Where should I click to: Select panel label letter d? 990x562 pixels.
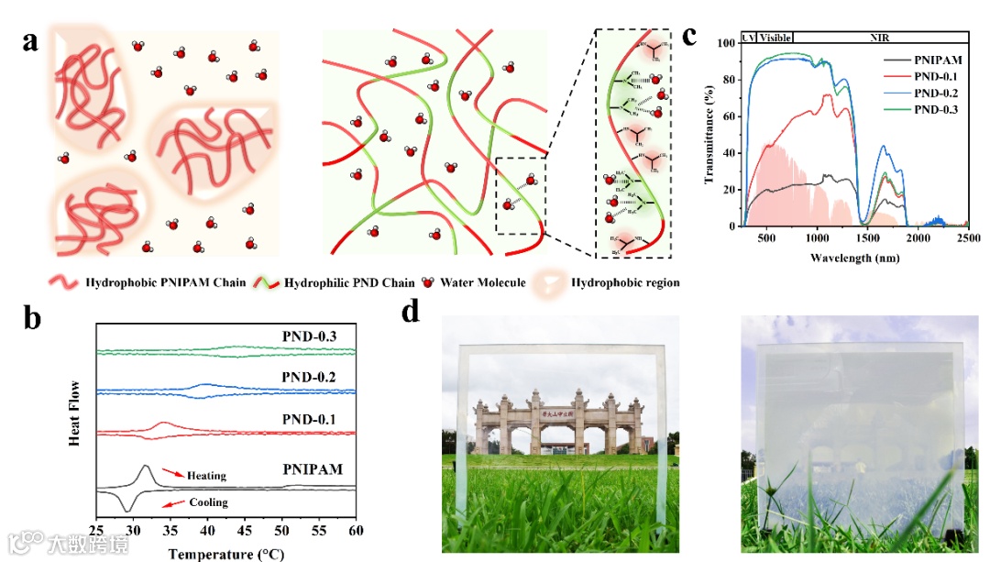[412, 312]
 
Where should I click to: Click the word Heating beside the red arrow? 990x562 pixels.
[205, 476]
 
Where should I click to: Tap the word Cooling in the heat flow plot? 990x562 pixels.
[208, 502]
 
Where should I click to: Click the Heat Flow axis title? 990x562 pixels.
[79, 413]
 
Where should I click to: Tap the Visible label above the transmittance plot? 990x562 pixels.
[775, 38]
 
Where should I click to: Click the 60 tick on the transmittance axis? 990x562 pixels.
[728, 116]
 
